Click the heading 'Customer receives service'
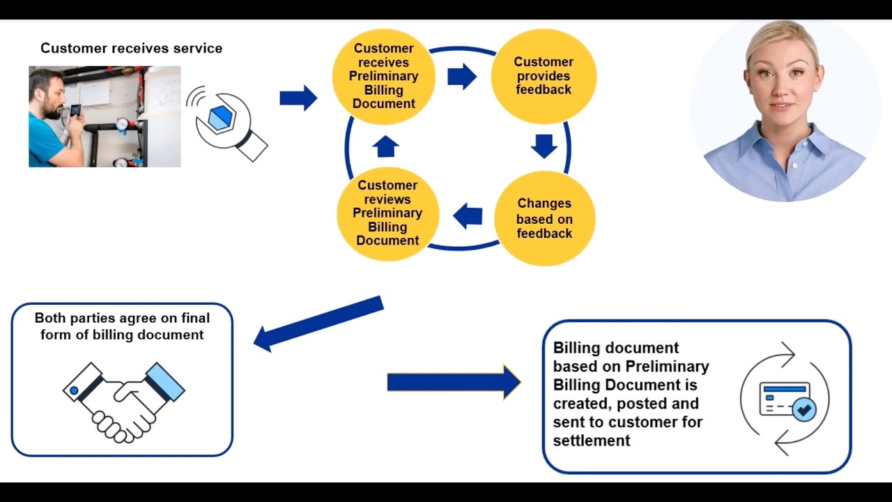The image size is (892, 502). tap(131, 48)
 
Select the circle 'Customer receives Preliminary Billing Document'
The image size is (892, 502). tap(383, 76)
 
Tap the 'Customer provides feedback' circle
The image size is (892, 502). tap(543, 76)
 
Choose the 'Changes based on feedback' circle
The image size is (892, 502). tap(544, 218)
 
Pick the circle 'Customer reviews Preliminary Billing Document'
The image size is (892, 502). tap(387, 213)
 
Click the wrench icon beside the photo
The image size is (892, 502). tap(229, 124)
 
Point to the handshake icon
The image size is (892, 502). tap(123, 401)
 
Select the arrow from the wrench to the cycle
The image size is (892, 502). tap(298, 98)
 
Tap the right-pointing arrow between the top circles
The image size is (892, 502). tap(462, 76)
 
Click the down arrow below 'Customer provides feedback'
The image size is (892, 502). tap(544, 146)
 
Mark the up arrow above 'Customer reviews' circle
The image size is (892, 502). tap(385, 146)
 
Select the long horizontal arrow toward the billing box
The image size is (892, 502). tap(454, 382)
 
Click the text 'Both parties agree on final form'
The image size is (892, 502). tap(122, 318)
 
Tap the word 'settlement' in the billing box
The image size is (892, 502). tap(592, 441)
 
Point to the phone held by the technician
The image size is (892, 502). tap(75, 111)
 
